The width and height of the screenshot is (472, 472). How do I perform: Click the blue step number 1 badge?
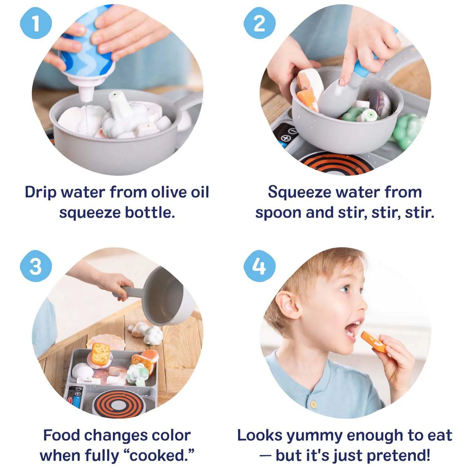coord(36,23)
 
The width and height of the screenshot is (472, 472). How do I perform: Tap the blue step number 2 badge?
coord(260,23)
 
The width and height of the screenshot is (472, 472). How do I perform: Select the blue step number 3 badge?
coord(36,266)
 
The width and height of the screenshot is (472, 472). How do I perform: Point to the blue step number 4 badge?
coord(260,266)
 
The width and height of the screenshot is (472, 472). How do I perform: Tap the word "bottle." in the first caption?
coord(150,213)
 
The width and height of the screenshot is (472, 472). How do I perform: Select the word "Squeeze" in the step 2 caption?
coord(299,192)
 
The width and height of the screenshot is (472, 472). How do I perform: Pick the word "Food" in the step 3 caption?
coord(61,435)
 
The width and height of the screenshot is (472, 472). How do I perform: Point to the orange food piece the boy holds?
coord(373,342)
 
